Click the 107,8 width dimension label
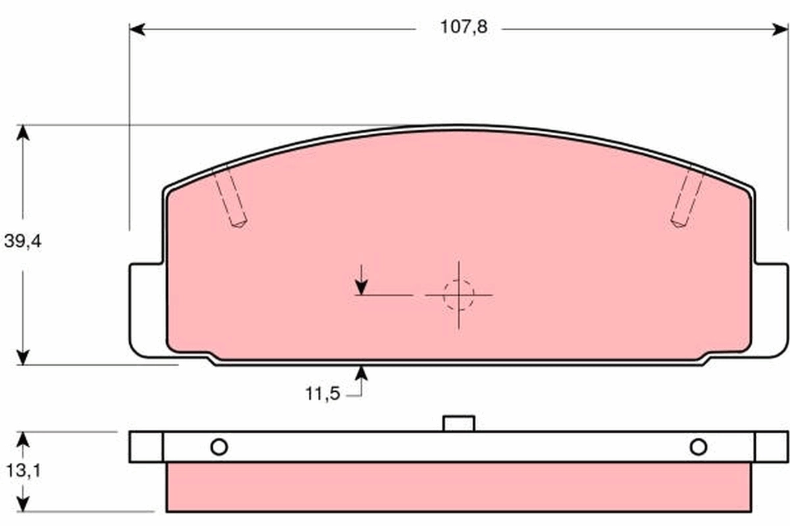coord(463,27)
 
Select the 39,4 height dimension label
coord(23,241)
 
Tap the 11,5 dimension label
coord(323,394)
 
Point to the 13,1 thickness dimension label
coord(24,470)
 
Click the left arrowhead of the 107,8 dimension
coord(137,30)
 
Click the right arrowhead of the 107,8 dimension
coord(780,30)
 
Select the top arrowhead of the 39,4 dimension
coord(23,132)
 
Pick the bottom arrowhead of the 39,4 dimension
coord(23,357)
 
